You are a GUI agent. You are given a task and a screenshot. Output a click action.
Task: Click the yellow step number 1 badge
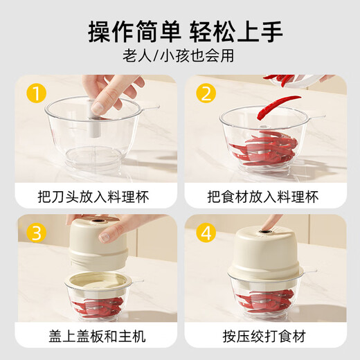(x=35, y=92)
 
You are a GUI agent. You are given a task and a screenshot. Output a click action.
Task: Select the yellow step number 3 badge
(x=35, y=233)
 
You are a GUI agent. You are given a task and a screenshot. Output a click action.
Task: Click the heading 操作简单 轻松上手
(x=180, y=31)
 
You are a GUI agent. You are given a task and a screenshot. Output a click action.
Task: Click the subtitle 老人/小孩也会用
(x=180, y=57)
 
